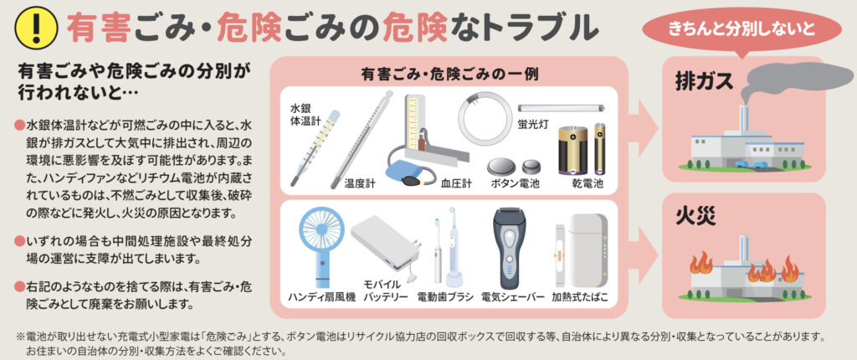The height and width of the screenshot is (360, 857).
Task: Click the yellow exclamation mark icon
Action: (x=37, y=28)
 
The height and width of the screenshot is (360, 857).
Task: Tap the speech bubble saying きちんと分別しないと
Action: (x=742, y=28)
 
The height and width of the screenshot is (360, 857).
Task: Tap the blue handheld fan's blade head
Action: (x=322, y=225)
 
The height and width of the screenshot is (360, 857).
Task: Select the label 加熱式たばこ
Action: (x=580, y=297)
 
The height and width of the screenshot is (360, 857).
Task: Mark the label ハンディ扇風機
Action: (x=322, y=298)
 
